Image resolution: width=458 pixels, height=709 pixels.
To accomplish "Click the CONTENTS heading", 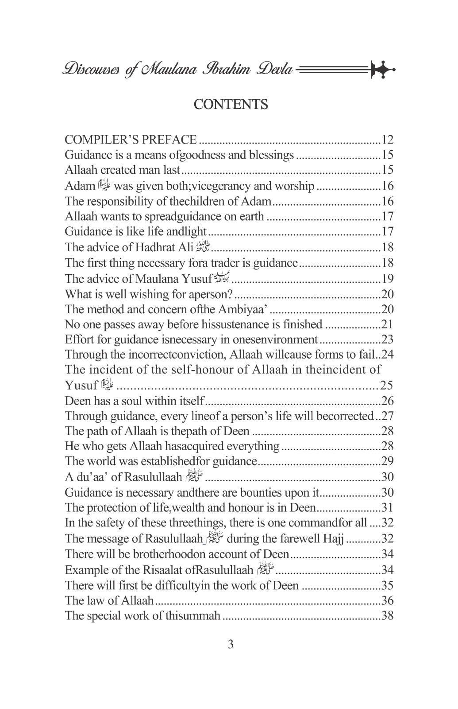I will point(231,105).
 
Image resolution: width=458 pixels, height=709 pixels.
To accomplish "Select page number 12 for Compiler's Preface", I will point(388,140).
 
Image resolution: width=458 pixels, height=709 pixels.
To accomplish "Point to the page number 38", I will point(388,616).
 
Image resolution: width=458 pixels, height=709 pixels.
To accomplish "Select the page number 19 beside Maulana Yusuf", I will point(388,279).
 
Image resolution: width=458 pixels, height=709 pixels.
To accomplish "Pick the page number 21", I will point(388,324).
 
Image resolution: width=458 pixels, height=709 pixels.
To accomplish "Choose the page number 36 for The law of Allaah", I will point(388,601).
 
